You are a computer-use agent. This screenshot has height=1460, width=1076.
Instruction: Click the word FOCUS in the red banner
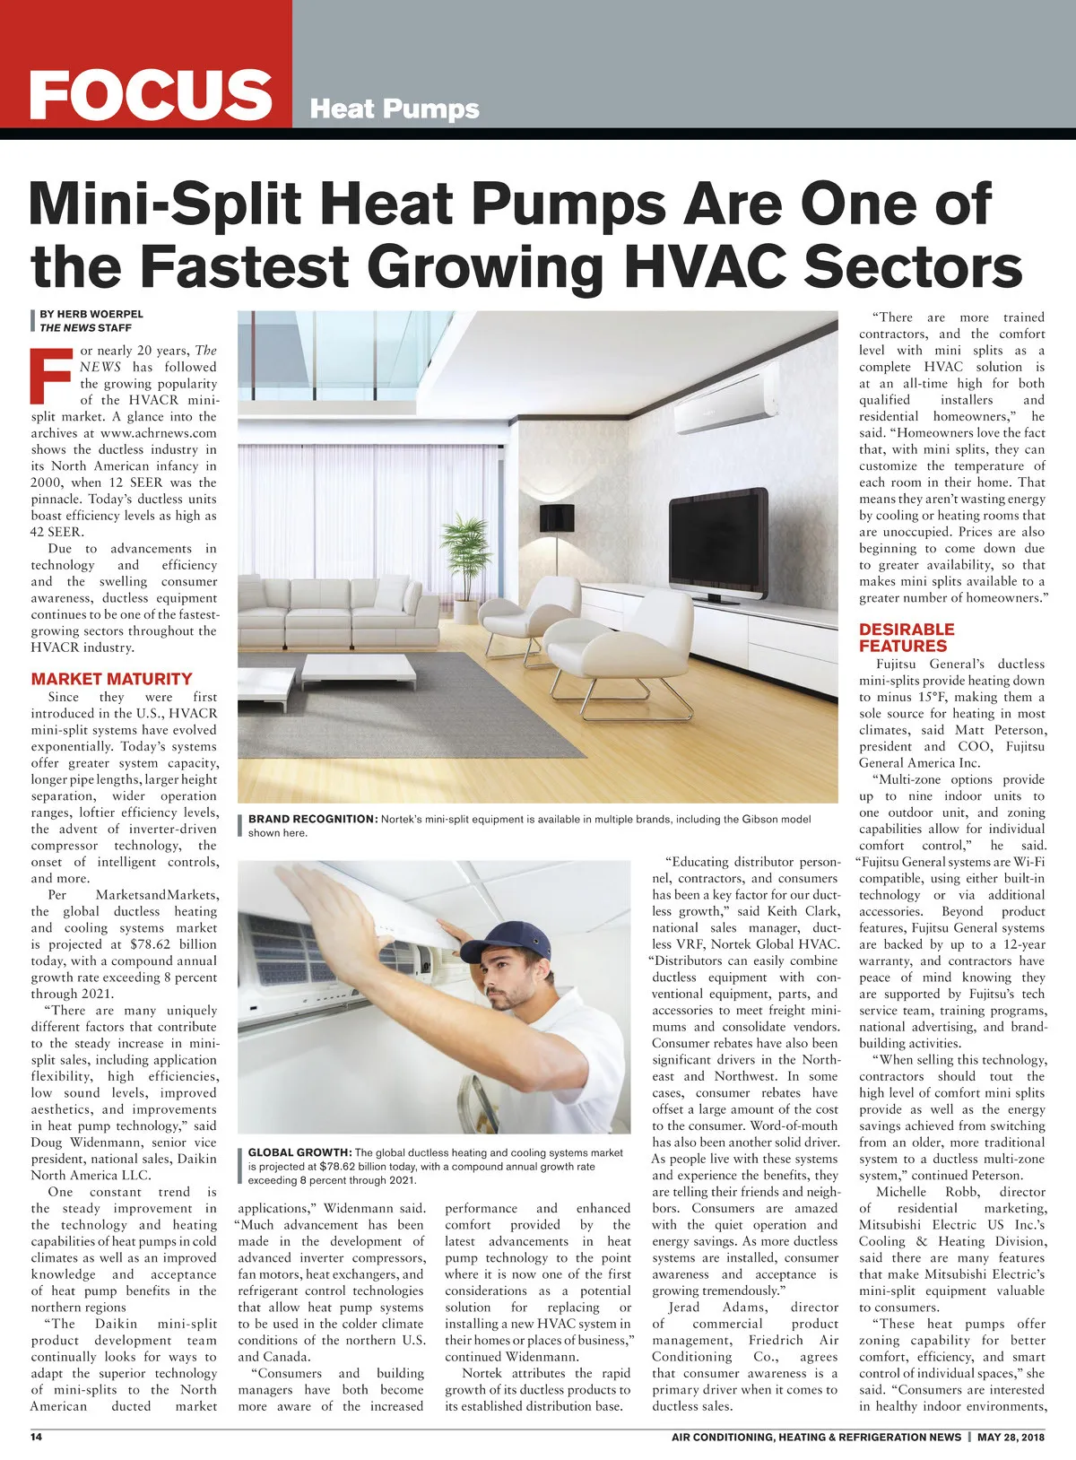150,94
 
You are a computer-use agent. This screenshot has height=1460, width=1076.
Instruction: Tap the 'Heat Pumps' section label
395,109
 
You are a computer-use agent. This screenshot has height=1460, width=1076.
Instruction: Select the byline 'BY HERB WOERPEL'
91,314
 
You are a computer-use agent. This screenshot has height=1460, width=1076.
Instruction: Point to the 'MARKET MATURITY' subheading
111,679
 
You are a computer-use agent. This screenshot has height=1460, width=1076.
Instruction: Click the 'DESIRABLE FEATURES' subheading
906,637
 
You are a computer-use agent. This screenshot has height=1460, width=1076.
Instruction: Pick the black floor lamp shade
556,517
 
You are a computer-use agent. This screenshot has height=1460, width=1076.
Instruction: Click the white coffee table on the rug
359,666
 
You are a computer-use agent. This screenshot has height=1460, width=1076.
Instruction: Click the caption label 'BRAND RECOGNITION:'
313,819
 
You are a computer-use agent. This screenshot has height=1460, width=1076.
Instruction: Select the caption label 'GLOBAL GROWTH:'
299,1152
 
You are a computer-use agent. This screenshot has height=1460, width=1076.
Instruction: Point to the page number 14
37,1437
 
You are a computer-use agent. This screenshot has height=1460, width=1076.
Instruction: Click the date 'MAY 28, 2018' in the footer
1011,1437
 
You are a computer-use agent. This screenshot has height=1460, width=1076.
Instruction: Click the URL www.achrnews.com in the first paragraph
160,433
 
